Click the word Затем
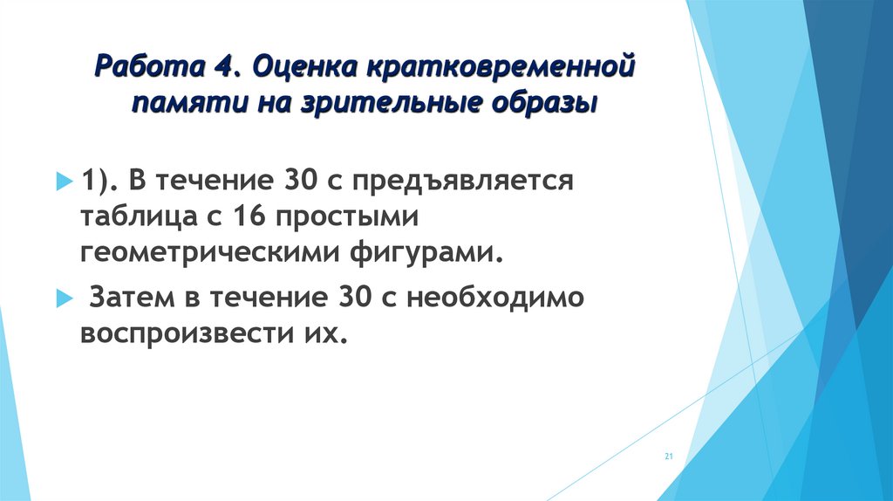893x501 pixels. (135, 299)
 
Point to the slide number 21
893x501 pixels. (669, 456)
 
